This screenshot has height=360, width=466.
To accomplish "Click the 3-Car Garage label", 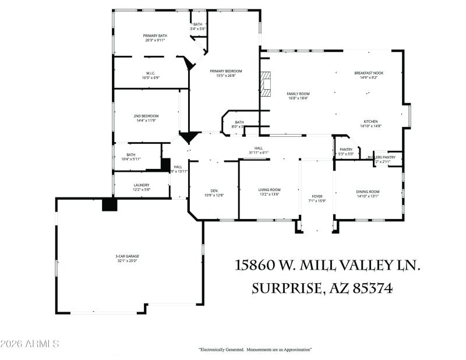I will coord(127,256).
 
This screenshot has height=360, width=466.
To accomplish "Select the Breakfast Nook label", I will coord(369,73).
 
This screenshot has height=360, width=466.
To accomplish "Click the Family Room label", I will coord(298,94).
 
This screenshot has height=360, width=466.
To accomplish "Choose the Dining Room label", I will coord(368,192).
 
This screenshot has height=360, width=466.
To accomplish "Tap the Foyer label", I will coord(317,196).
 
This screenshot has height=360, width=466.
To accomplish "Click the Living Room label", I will coord(270,190).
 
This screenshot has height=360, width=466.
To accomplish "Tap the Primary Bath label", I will coord(155,36).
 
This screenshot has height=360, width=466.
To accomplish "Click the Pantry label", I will coord(346,150).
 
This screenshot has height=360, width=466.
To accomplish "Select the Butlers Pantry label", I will coord(385,157).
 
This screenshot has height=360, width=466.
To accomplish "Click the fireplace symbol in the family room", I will coord(266,84).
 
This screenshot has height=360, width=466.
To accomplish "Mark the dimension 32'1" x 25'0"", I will coord(127,261).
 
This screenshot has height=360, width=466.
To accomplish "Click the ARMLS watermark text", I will coord(30,344).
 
